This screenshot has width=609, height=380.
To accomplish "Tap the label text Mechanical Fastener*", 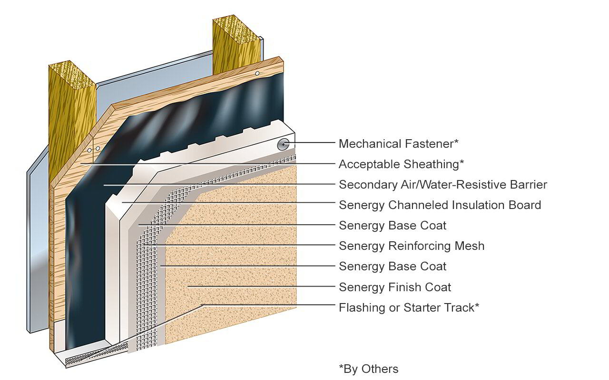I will tap(399, 143).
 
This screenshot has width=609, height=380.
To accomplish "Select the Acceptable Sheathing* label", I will tap(401, 164).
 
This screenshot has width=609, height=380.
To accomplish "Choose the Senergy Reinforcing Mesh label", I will tap(412, 246).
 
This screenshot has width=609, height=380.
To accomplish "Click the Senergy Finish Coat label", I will tap(395, 287).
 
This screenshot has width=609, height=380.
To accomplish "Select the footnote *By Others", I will tap(368, 369).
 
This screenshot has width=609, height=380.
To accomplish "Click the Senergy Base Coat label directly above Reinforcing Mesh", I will tap(393, 226).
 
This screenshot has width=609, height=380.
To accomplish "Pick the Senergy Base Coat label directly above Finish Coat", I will tap(393, 266).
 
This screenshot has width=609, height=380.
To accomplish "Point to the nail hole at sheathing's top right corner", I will tap(257, 73).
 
